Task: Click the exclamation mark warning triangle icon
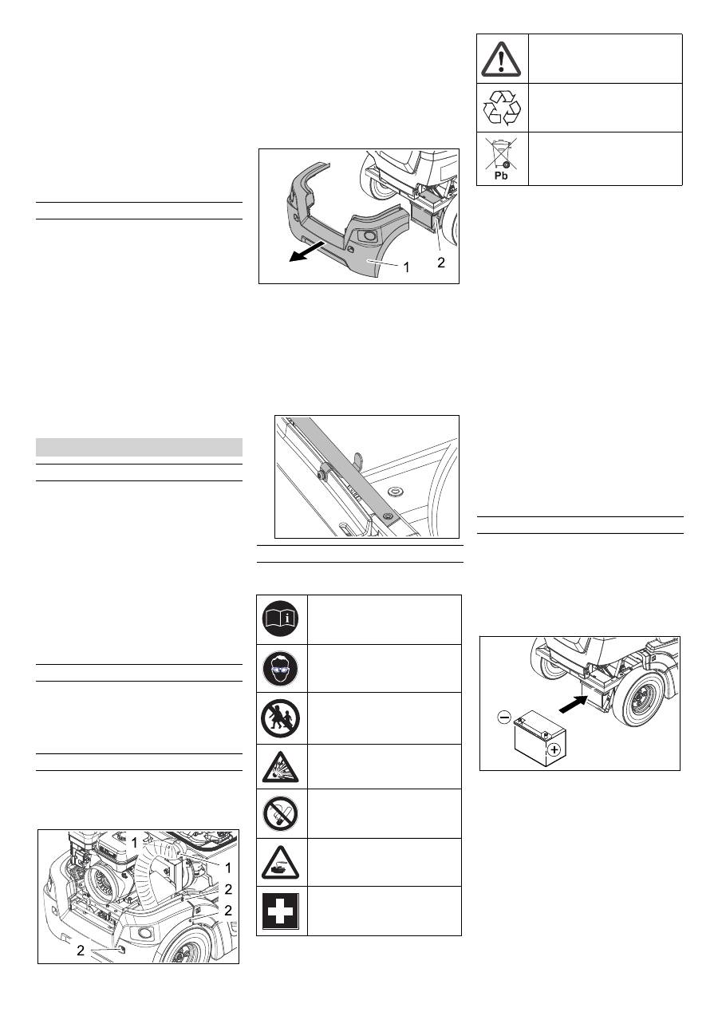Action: [x=501, y=59]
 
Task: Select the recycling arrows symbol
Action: [x=501, y=108]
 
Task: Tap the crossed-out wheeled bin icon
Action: [x=501, y=154]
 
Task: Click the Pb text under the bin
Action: [x=501, y=176]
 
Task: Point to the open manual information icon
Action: [x=282, y=619]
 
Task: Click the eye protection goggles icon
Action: [x=281, y=669]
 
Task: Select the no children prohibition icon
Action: [x=281, y=718]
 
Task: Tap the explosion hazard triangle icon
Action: [x=281, y=768]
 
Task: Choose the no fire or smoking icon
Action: [x=281, y=814]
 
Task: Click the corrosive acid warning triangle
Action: [x=280, y=863]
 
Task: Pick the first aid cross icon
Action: [x=281, y=911]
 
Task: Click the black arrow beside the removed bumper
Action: [x=307, y=251]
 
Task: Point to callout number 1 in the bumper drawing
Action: [x=407, y=268]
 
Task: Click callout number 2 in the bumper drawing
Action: [x=441, y=263]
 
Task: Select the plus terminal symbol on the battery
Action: [x=554, y=750]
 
